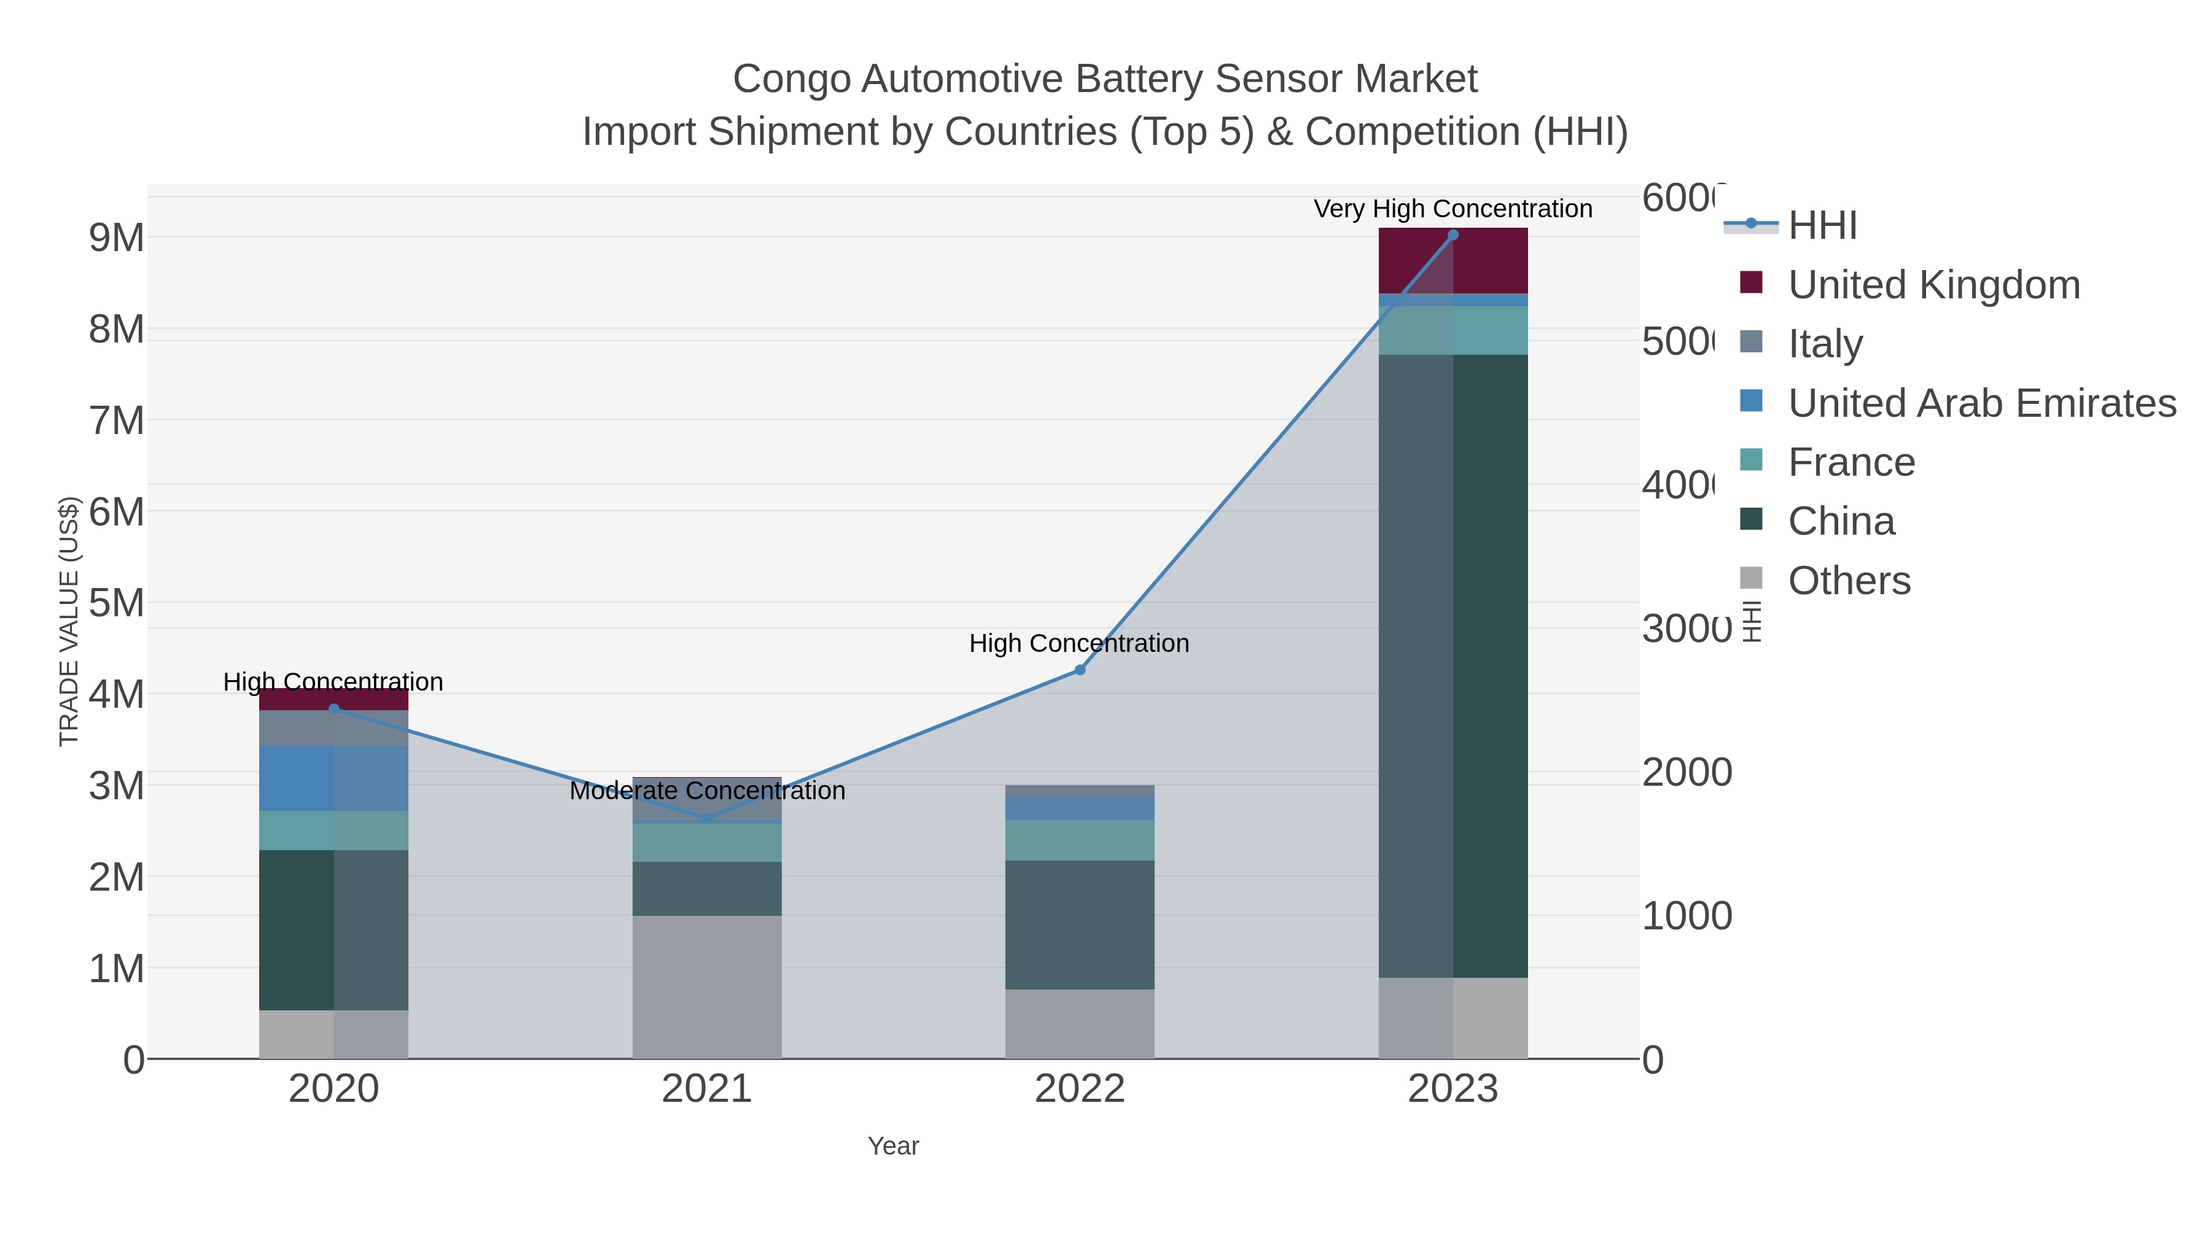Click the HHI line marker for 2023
(x=1453, y=235)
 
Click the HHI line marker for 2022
(x=1080, y=670)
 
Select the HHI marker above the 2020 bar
(x=334, y=708)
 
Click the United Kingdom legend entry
(x=1933, y=285)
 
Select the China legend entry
(x=1841, y=522)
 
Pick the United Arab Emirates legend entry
(x=1981, y=403)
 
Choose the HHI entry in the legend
(x=1822, y=226)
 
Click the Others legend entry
(x=1849, y=581)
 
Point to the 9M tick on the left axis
(x=117, y=238)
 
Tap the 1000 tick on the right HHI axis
(x=1687, y=916)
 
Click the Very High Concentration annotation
(x=1453, y=209)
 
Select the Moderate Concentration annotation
(x=708, y=790)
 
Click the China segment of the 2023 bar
(x=1453, y=665)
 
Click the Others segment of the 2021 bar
(x=708, y=986)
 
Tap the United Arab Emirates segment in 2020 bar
(x=334, y=778)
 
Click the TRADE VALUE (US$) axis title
(x=69, y=621)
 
